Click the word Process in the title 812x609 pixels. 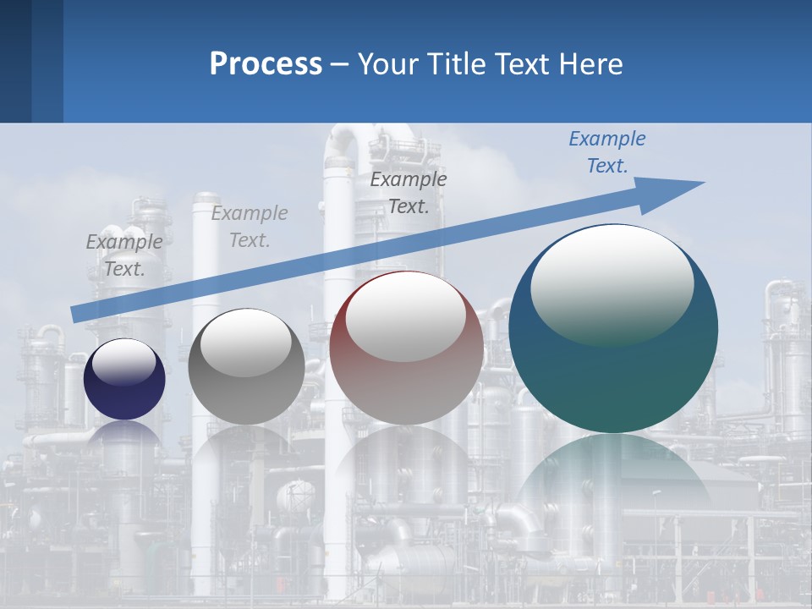(266, 64)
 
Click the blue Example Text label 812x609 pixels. (606, 152)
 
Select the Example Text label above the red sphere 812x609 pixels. (409, 193)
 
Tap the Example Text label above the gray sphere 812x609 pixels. (250, 227)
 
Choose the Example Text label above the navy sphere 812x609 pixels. (124, 255)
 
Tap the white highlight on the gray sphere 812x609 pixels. (246, 343)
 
